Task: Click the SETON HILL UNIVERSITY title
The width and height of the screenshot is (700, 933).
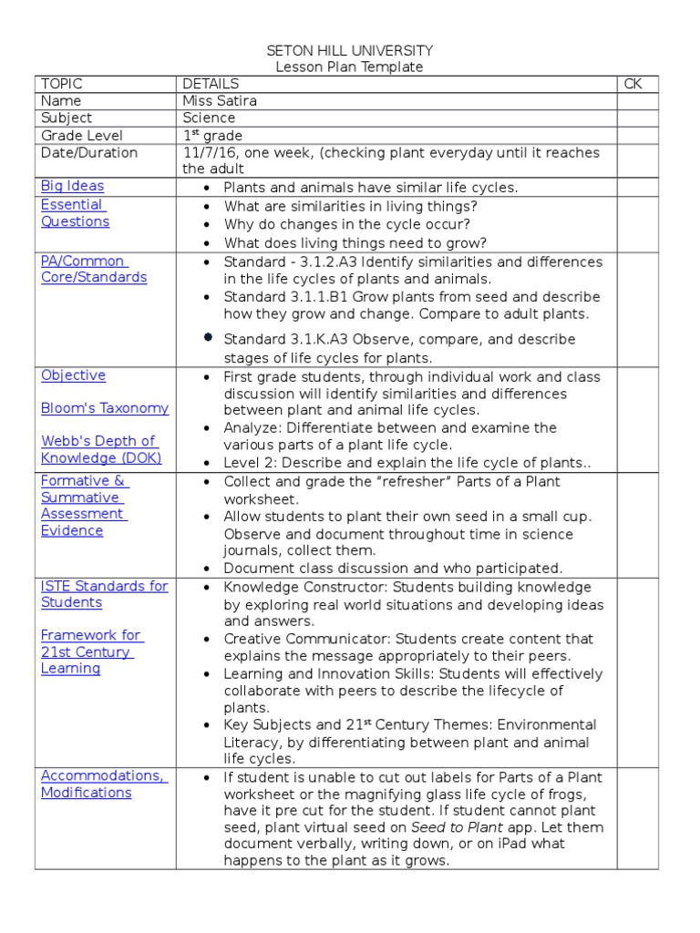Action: (x=349, y=51)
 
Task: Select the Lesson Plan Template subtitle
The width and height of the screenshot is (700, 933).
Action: (x=349, y=67)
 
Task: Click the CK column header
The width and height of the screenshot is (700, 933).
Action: (x=633, y=84)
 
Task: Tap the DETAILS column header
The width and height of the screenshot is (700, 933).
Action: (x=211, y=84)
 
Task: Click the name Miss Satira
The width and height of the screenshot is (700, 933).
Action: (x=220, y=101)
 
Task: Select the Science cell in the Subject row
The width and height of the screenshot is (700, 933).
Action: (x=209, y=118)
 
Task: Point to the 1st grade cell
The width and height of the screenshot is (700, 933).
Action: (x=212, y=136)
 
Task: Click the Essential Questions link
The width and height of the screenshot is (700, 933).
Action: (x=75, y=213)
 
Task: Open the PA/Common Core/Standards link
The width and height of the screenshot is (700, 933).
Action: (x=93, y=270)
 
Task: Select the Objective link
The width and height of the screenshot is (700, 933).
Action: (x=73, y=375)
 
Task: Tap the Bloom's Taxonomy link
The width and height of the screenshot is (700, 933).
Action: (x=105, y=408)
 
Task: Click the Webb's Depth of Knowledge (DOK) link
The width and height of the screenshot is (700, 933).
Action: (x=100, y=450)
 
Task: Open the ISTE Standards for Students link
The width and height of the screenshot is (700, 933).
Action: (x=104, y=594)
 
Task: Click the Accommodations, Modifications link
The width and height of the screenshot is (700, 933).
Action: (x=103, y=784)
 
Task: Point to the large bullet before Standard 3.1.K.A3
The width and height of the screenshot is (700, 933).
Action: (x=209, y=337)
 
